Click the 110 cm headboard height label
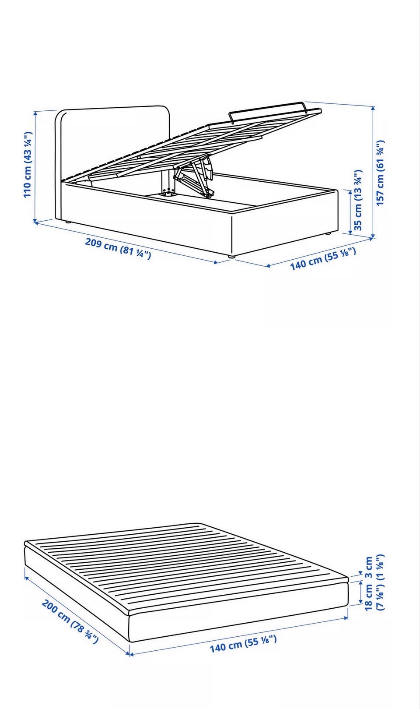click(x=28, y=165)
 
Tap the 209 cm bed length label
click(x=118, y=248)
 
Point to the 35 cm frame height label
click(x=358, y=200)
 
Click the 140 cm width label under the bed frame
click(x=323, y=259)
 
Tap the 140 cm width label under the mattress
click(x=243, y=644)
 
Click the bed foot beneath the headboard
click(x=67, y=222)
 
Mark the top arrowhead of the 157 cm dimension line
click(x=373, y=108)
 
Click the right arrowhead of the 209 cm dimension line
click(x=216, y=262)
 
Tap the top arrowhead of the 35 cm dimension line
click(x=350, y=192)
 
